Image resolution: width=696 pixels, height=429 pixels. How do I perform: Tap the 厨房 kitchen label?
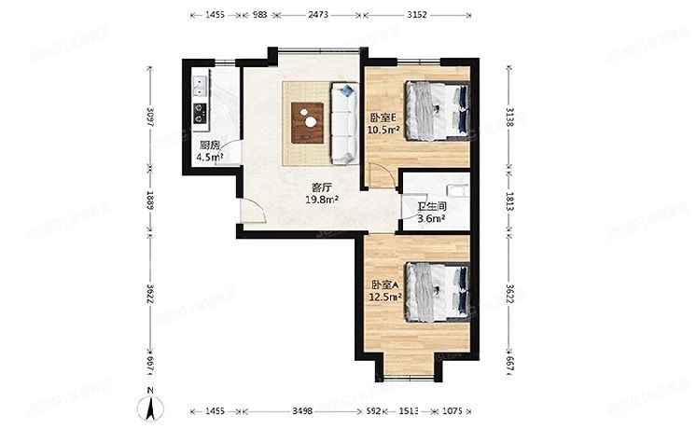click(209, 145)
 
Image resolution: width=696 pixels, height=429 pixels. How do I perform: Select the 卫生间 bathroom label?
click(431, 206)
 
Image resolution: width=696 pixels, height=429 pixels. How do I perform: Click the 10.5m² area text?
click(384, 130)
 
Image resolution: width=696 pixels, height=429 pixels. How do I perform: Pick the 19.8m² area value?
click(323, 199)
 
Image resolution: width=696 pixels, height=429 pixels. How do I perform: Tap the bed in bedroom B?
click(437, 108)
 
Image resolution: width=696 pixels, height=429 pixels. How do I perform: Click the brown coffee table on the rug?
click(307, 118)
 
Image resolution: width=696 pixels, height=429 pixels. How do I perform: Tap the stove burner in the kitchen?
click(199, 116)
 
